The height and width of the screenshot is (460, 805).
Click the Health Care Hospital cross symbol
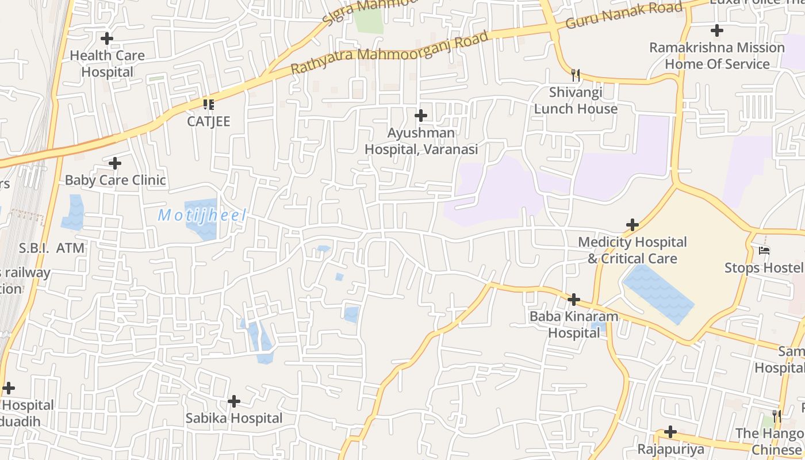click(107, 39)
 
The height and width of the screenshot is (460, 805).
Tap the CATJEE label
click(208, 121)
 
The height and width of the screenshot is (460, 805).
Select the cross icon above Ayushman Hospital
click(421, 116)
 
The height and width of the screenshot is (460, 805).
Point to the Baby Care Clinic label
click(115, 180)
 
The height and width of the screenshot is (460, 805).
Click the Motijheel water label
click(202, 216)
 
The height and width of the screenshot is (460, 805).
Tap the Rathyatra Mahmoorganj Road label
click(389, 52)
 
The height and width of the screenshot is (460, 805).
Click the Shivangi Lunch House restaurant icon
click(576, 75)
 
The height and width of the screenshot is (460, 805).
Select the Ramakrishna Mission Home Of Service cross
click(716, 30)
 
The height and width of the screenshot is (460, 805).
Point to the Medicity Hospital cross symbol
click(632, 225)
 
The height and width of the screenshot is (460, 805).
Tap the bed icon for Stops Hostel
click(764, 251)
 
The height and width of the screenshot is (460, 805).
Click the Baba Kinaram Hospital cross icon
click(573, 300)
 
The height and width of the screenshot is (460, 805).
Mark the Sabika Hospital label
click(233, 418)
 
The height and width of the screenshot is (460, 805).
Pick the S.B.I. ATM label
click(52, 248)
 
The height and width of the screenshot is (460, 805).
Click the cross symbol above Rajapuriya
click(670, 431)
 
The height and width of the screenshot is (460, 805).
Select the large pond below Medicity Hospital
click(658, 293)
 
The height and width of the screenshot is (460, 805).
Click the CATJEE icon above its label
click(208, 104)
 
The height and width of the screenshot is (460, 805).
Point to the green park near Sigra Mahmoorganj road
click(369, 21)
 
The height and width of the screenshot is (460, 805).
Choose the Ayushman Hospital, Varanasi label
click(421, 141)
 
